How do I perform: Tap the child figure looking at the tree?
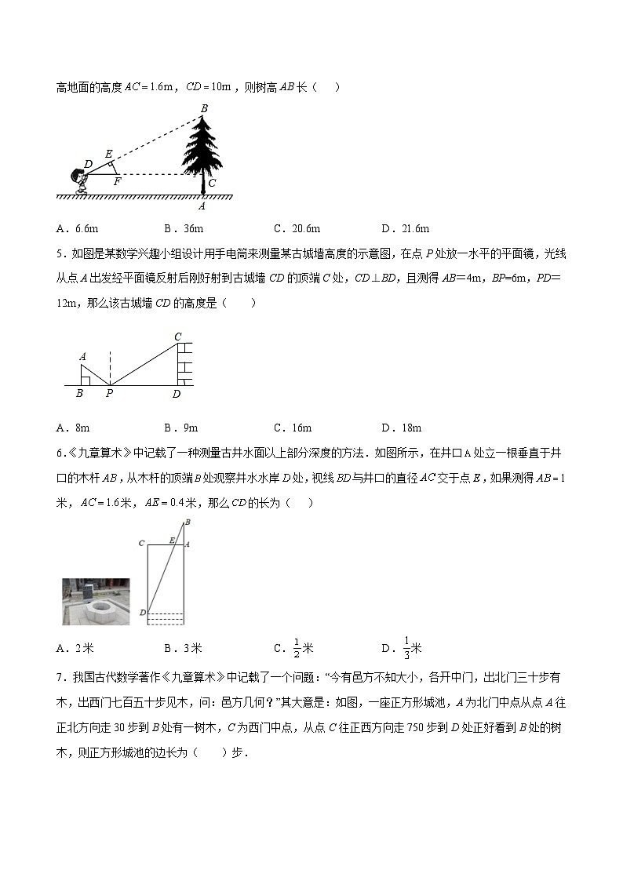coord(79,180)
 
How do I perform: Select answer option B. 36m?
coord(184,228)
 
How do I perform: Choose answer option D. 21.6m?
coord(405,228)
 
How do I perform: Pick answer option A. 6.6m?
coord(77,228)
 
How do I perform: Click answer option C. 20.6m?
coord(297,228)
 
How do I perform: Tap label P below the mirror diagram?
coord(109,394)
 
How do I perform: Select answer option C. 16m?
coord(293,428)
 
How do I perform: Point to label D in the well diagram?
coord(142,612)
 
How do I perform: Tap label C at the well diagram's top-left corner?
coord(141,543)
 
